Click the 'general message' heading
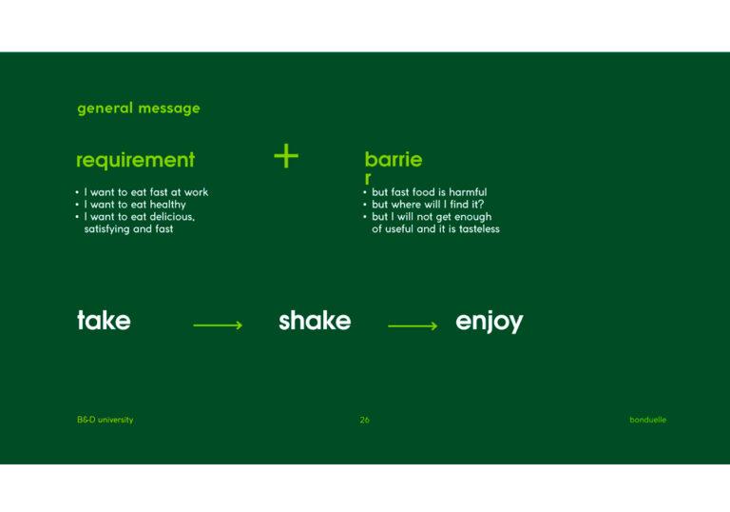point(139,108)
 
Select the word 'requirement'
point(136,160)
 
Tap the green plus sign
point(286,156)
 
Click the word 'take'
point(104,321)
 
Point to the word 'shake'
point(315,321)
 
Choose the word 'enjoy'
point(490,322)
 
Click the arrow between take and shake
point(218,325)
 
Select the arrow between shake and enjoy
point(413,325)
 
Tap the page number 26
point(365,420)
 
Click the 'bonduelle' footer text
point(647,420)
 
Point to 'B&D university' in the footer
point(106,420)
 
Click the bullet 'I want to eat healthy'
point(135,205)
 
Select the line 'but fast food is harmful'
point(430,192)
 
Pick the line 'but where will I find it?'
point(428,205)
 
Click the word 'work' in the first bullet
point(196,192)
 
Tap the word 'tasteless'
point(479,229)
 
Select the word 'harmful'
point(468,192)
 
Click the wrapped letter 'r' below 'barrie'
point(368,178)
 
